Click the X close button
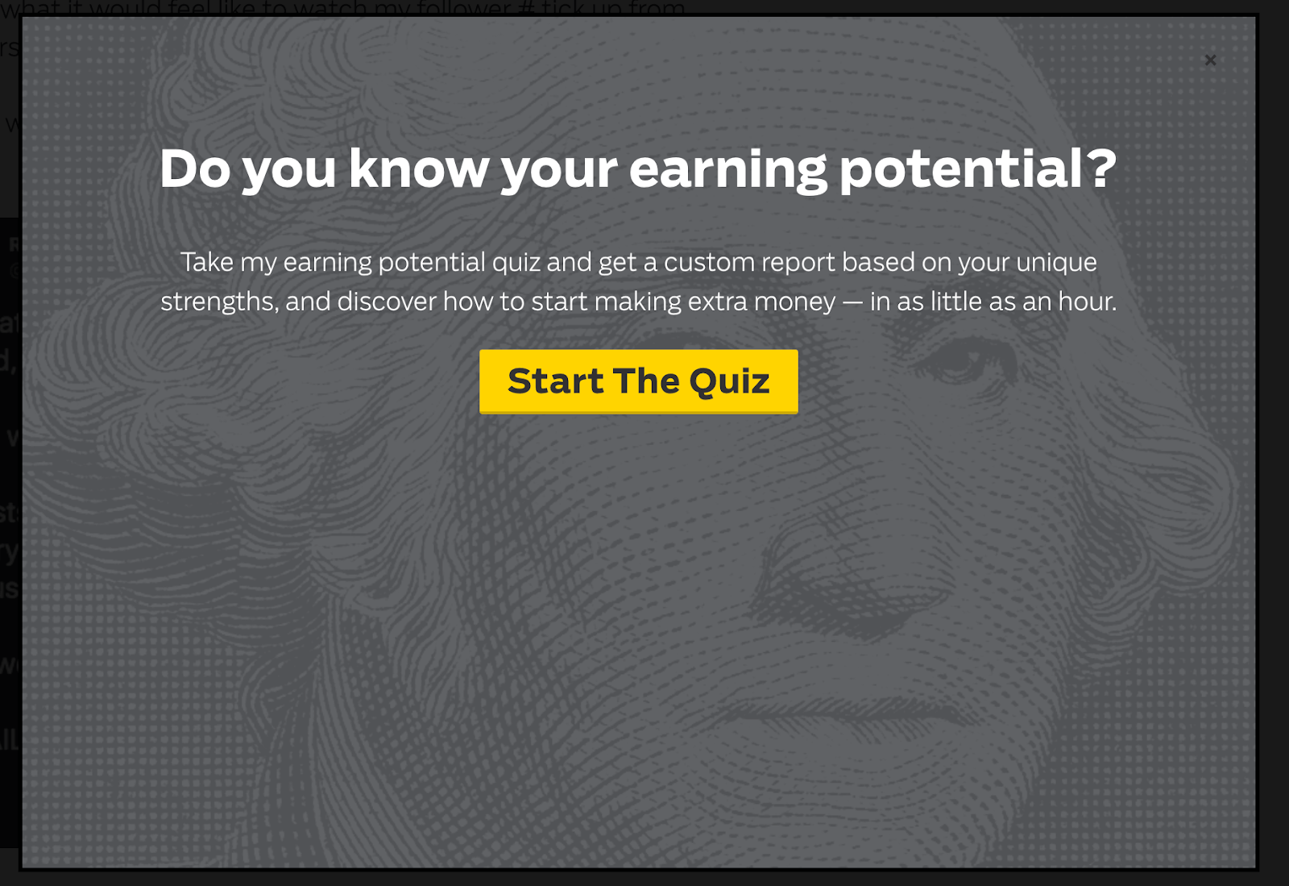pyautogui.click(x=1210, y=60)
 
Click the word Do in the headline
pyautogui.click(x=194, y=169)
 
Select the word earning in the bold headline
pyautogui.click(x=727, y=171)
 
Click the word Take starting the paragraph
pyautogui.click(x=206, y=262)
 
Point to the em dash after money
pyautogui.click(x=852, y=302)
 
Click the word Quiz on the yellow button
pyautogui.click(x=729, y=381)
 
